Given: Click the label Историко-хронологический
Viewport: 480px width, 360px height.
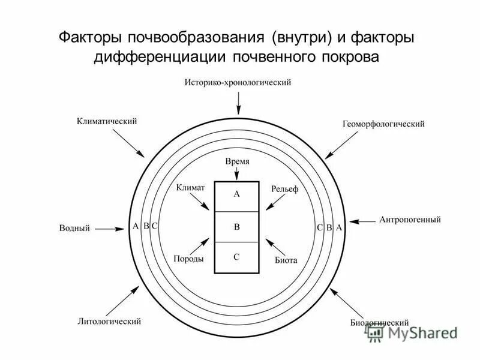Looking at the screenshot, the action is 238,83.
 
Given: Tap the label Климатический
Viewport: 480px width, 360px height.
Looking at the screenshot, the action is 107,121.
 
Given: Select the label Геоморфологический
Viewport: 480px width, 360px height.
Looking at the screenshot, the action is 383,124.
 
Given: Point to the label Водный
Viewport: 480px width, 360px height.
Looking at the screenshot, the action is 74,228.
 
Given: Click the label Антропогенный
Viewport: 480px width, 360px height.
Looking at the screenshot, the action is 410,220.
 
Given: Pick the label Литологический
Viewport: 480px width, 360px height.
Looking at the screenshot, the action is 109,321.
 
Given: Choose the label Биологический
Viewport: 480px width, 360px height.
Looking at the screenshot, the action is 380,322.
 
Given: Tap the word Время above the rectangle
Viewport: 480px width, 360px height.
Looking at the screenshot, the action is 237,162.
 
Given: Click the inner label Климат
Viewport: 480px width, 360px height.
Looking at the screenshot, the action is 191,188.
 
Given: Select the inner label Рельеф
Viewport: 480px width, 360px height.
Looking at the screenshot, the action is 284,189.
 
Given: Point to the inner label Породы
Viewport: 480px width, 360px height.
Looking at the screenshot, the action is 188,259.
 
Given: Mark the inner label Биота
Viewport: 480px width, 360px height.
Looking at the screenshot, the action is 286,260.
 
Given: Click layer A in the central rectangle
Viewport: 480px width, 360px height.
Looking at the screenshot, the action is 236,194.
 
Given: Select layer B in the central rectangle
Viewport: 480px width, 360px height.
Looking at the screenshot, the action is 236,227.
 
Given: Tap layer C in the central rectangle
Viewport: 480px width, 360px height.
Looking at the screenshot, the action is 236,257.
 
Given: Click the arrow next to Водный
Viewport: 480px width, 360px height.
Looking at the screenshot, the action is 109,228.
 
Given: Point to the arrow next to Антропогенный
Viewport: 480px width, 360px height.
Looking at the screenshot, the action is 363,221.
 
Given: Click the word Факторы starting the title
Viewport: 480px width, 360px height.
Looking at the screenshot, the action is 91,38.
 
